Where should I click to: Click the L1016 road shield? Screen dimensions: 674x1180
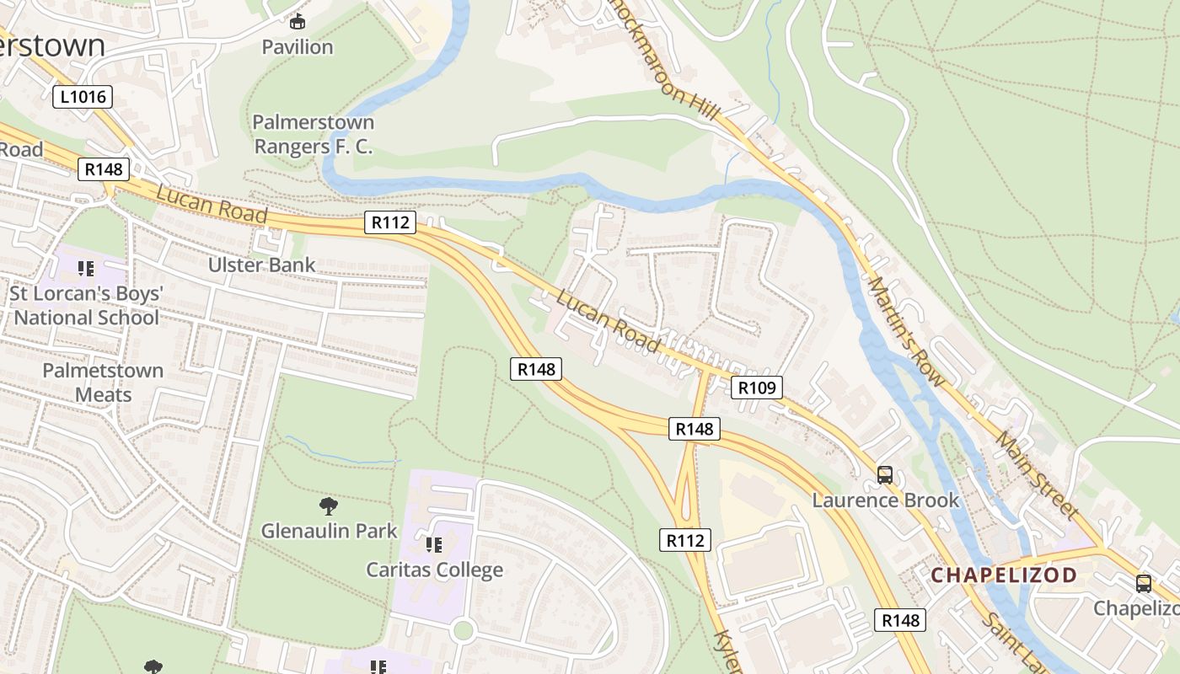[x=83, y=96]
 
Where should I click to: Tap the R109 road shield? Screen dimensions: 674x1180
[x=756, y=388]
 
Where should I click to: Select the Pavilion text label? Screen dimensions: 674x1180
[x=298, y=47]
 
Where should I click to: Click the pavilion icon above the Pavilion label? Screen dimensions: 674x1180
[x=298, y=21]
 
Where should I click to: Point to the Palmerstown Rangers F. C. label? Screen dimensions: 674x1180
[x=314, y=135]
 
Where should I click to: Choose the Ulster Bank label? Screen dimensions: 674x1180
[x=262, y=265]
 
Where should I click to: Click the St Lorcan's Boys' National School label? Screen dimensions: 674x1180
[x=86, y=306]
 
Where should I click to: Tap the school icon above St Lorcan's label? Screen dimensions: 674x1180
[x=85, y=269]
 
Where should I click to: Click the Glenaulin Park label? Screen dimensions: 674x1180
[x=329, y=531]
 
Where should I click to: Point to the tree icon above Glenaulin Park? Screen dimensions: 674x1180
[x=329, y=505]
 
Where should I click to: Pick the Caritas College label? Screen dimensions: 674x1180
[x=434, y=570]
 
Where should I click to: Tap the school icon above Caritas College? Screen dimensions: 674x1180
[x=434, y=544]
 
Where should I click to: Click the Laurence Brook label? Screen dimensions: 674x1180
[x=885, y=500]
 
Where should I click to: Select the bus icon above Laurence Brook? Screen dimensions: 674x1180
[x=885, y=475]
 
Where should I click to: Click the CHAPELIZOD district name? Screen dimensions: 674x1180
[x=1004, y=575]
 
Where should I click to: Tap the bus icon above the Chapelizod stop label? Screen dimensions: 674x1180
[x=1144, y=583]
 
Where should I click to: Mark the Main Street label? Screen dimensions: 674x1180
[x=1037, y=475]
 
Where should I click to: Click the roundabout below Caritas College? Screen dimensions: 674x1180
[x=462, y=629]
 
